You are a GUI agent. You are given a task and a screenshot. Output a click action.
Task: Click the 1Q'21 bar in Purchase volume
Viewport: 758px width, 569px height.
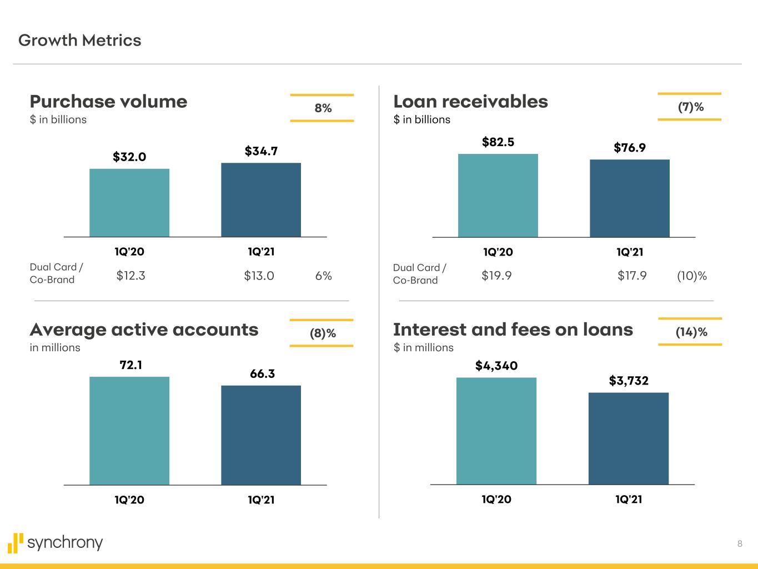coord(261,200)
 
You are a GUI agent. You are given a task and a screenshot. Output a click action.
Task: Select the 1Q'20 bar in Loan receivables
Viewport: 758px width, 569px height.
coord(498,196)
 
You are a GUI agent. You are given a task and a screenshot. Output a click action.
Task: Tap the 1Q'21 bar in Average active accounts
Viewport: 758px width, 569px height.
coord(261,435)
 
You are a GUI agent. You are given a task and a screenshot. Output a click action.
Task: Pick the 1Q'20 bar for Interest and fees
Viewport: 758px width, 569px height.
coord(496,431)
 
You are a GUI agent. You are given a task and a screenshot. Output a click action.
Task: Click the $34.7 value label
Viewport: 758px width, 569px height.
coord(261,151)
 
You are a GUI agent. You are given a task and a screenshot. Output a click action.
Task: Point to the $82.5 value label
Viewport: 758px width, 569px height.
coord(498,142)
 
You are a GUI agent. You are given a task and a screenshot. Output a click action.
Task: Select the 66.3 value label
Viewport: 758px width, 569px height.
coord(262,374)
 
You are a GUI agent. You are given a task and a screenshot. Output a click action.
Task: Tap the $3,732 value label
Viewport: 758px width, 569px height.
coord(629,381)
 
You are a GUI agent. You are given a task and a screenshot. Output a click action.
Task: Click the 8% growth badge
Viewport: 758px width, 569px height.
coord(323,108)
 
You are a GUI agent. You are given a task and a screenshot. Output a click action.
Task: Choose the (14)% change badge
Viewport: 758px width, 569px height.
coord(691,332)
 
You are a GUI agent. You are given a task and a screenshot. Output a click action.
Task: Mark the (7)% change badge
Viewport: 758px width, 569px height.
coord(690,107)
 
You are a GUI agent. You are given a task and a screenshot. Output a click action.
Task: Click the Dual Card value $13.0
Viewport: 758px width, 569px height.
coord(259,276)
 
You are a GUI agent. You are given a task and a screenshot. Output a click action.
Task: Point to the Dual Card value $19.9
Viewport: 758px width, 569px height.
coord(496,276)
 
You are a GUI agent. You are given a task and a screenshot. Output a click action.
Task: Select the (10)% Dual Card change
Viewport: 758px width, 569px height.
coord(691,276)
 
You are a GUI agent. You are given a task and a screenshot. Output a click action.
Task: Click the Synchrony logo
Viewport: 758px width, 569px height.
coord(56,542)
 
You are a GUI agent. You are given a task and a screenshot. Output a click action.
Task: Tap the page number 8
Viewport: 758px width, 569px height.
coord(739,544)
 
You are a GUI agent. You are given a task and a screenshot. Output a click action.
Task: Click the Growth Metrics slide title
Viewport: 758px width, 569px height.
coord(80,41)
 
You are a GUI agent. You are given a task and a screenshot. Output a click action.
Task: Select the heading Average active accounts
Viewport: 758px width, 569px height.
coord(144,330)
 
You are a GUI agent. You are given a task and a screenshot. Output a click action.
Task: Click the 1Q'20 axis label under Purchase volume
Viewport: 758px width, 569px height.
coord(129,252)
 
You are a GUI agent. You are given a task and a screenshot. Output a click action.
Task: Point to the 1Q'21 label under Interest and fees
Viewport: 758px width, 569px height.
coord(629,500)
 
